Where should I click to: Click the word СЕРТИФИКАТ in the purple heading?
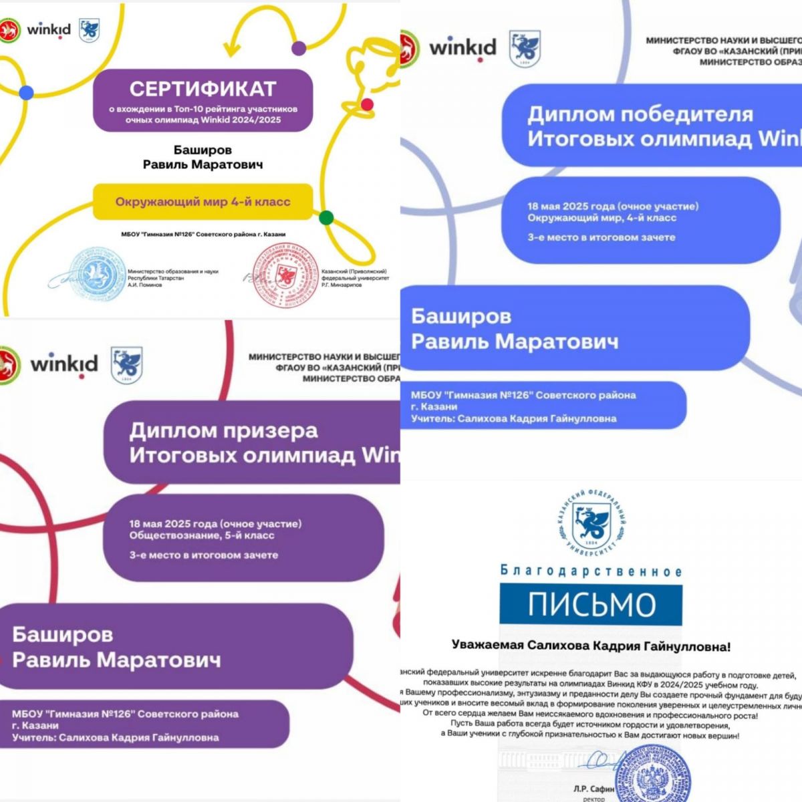(x=203, y=89)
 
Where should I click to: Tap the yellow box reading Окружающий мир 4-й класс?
(x=203, y=201)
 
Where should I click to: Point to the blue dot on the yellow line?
(x=26, y=93)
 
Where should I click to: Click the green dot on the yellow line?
(x=326, y=217)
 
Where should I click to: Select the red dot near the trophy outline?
(x=367, y=104)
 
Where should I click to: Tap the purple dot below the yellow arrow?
(x=299, y=47)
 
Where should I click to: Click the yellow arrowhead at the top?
(x=231, y=47)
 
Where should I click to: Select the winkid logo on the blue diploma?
(x=462, y=48)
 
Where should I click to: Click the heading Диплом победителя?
(x=640, y=114)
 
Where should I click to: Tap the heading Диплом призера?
(x=223, y=430)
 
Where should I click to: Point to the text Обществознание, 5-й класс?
(x=202, y=535)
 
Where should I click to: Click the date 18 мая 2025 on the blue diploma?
(x=570, y=207)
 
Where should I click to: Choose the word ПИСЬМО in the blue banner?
(x=591, y=605)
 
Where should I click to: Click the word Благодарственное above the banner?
(x=591, y=571)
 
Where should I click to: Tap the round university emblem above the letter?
(x=591, y=526)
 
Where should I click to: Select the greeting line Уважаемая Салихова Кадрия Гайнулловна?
(x=591, y=646)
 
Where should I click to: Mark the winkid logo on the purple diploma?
(x=64, y=364)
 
